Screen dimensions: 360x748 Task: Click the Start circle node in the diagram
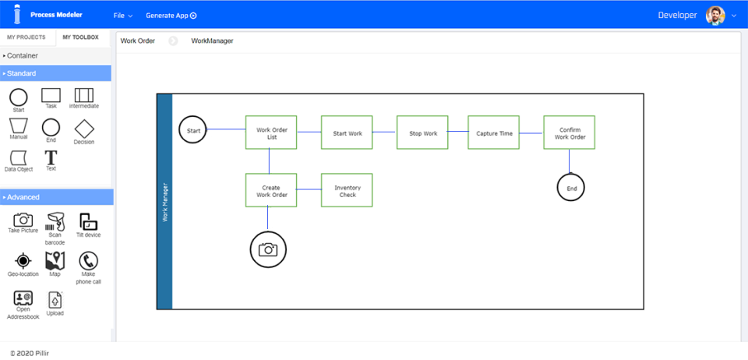click(x=193, y=130)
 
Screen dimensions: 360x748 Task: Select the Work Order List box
click(x=269, y=132)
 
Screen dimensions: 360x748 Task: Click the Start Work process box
click(x=348, y=133)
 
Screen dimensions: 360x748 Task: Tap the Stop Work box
click(x=423, y=133)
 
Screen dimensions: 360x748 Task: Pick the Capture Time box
click(x=494, y=133)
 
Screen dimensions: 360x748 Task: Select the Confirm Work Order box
click(x=570, y=133)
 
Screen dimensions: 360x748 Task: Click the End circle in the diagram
click(x=570, y=188)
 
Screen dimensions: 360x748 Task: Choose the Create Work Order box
click(x=269, y=190)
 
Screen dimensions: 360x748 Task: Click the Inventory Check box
click(x=348, y=190)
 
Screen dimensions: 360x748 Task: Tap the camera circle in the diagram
click(x=268, y=249)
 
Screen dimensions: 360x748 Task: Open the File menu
click(x=122, y=16)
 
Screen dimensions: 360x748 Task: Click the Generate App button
click(x=171, y=16)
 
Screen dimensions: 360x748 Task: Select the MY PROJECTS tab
click(x=26, y=37)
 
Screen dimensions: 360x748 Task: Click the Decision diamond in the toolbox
click(x=84, y=129)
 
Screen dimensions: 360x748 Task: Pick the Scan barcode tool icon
click(x=55, y=222)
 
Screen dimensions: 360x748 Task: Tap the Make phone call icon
click(x=88, y=262)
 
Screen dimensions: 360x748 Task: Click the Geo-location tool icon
click(x=23, y=261)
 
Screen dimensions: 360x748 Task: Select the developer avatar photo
click(x=714, y=16)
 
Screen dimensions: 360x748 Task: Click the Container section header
click(x=56, y=56)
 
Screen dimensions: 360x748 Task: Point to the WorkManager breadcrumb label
click(x=212, y=41)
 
